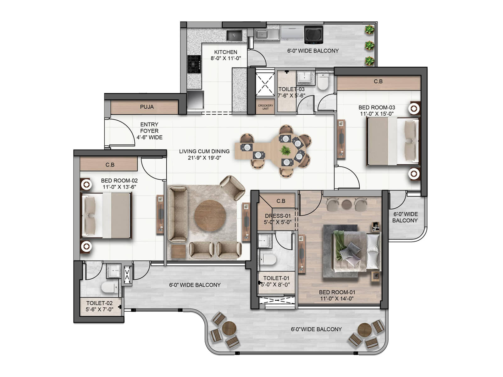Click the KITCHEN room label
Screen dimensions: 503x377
click(x=225, y=52)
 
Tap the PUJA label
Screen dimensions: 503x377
click(x=147, y=107)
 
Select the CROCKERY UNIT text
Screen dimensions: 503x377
click(x=265, y=107)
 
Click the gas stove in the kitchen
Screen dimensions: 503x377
click(x=194, y=64)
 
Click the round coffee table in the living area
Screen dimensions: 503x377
click(x=210, y=216)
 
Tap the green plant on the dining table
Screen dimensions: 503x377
click(x=285, y=150)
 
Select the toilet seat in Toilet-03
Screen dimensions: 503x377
click(x=323, y=82)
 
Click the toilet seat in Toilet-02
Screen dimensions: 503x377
click(x=109, y=287)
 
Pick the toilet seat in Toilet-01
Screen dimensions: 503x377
click(x=268, y=259)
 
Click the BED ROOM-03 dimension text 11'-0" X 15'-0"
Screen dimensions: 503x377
click(x=377, y=114)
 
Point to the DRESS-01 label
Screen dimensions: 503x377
click(x=278, y=216)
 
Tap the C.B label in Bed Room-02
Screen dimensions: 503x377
click(x=110, y=165)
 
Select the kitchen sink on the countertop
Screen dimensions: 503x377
click(x=234, y=36)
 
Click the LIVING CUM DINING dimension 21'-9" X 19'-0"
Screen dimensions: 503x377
click(x=204, y=158)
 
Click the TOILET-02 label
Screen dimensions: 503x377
click(x=99, y=303)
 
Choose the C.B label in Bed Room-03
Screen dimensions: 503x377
click(x=378, y=81)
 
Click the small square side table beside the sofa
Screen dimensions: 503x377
click(x=178, y=251)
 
